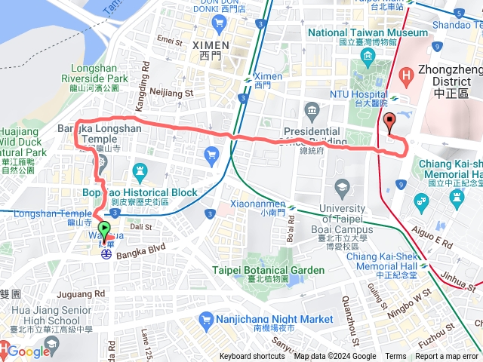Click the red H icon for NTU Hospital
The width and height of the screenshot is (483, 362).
tap(407, 75)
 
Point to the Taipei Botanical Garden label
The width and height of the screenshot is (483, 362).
tap(268, 270)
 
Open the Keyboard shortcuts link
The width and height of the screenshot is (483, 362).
tap(252, 357)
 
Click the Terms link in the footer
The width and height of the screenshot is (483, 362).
tap(395, 357)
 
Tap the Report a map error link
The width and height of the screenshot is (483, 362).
tap(447, 357)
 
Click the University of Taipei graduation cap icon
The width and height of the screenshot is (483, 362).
tap(343, 186)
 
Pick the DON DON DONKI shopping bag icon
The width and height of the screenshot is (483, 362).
tap(218, 23)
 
